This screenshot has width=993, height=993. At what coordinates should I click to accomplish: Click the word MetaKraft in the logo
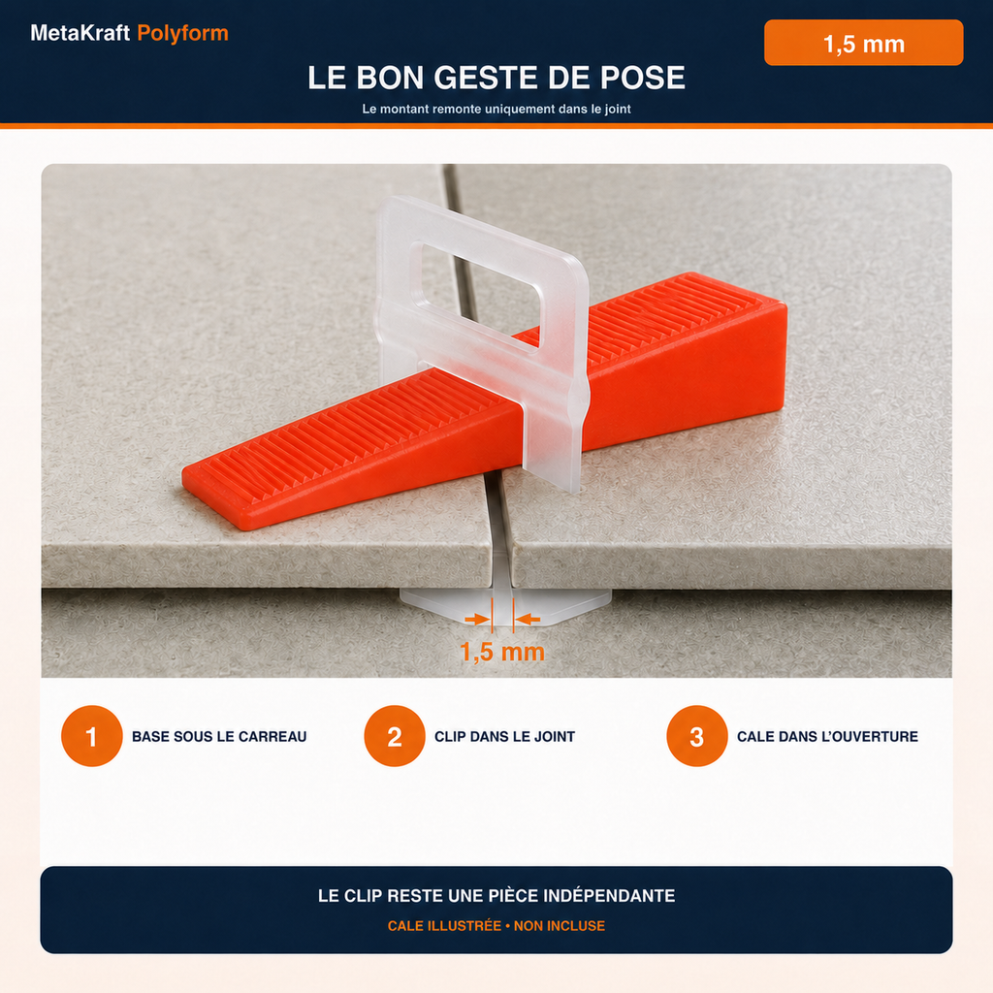click(80, 33)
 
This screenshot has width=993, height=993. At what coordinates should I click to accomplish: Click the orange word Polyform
click(182, 34)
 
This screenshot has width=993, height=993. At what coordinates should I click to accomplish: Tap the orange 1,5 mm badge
click(863, 43)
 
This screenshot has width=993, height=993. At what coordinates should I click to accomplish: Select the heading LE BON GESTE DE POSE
click(496, 78)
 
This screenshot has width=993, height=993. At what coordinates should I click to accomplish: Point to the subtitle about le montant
click(496, 109)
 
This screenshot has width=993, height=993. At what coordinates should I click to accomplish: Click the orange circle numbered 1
click(92, 736)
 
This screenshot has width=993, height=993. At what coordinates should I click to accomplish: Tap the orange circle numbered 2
click(395, 736)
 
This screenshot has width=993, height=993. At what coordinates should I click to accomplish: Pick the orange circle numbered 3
click(697, 736)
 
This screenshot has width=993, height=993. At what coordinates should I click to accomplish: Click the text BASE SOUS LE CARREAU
click(219, 737)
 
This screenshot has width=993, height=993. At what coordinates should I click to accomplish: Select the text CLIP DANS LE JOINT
click(504, 737)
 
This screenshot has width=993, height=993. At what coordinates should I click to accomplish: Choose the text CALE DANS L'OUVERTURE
click(827, 737)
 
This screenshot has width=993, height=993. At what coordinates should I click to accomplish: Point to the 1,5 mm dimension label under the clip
click(502, 652)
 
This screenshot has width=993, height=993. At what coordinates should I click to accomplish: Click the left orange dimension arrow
click(477, 620)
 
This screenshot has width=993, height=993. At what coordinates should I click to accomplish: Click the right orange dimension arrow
click(527, 620)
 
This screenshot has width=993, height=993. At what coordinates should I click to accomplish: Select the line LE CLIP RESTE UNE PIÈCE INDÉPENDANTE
click(496, 895)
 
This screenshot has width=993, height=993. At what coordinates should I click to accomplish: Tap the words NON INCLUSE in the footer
click(560, 926)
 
